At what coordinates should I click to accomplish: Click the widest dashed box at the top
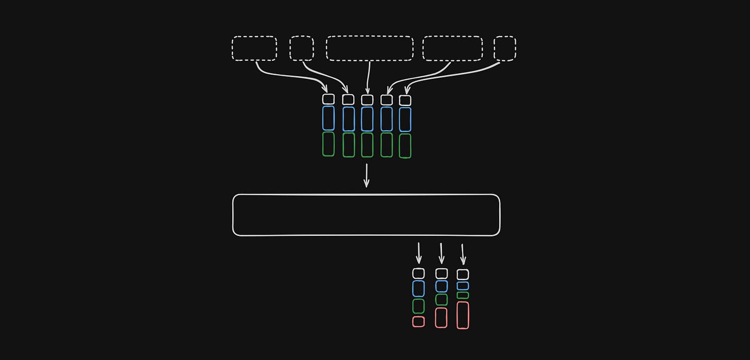pyautogui.click(x=369, y=48)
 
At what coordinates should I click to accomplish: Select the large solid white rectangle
pyautogui.click(x=366, y=215)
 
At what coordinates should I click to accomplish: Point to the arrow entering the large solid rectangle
pyautogui.click(x=366, y=176)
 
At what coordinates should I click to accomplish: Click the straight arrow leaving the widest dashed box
pyautogui.click(x=368, y=77)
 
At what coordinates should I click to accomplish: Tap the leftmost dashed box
pyautogui.click(x=254, y=48)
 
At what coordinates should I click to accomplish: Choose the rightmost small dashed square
pyautogui.click(x=505, y=48)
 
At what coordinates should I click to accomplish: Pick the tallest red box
pyautogui.click(x=463, y=315)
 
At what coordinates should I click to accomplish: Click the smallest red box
pyautogui.click(x=418, y=321)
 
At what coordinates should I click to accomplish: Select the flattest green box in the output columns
pyautogui.click(x=463, y=295)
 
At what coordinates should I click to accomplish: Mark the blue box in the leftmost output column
pyautogui.click(x=418, y=288)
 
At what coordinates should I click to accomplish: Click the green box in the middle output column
pyautogui.click(x=441, y=299)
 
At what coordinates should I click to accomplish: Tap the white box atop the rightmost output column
pyautogui.click(x=463, y=274)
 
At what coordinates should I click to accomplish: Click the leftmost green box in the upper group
pyautogui.click(x=328, y=144)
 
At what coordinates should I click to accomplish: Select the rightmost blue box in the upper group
pyautogui.click(x=405, y=119)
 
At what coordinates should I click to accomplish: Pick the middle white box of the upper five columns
pyautogui.click(x=367, y=99)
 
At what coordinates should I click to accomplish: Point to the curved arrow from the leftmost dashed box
pyautogui.click(x=288, y=75)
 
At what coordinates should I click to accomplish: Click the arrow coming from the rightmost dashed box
pyautogui.click(x=453, y=75)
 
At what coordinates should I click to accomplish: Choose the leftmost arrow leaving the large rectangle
pyautogui.click(x=419, y=253)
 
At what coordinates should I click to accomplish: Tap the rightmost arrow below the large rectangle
pyautogui.click(x=463, y=254)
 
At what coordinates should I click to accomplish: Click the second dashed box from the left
pyautogui.click(x=301, y=48)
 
